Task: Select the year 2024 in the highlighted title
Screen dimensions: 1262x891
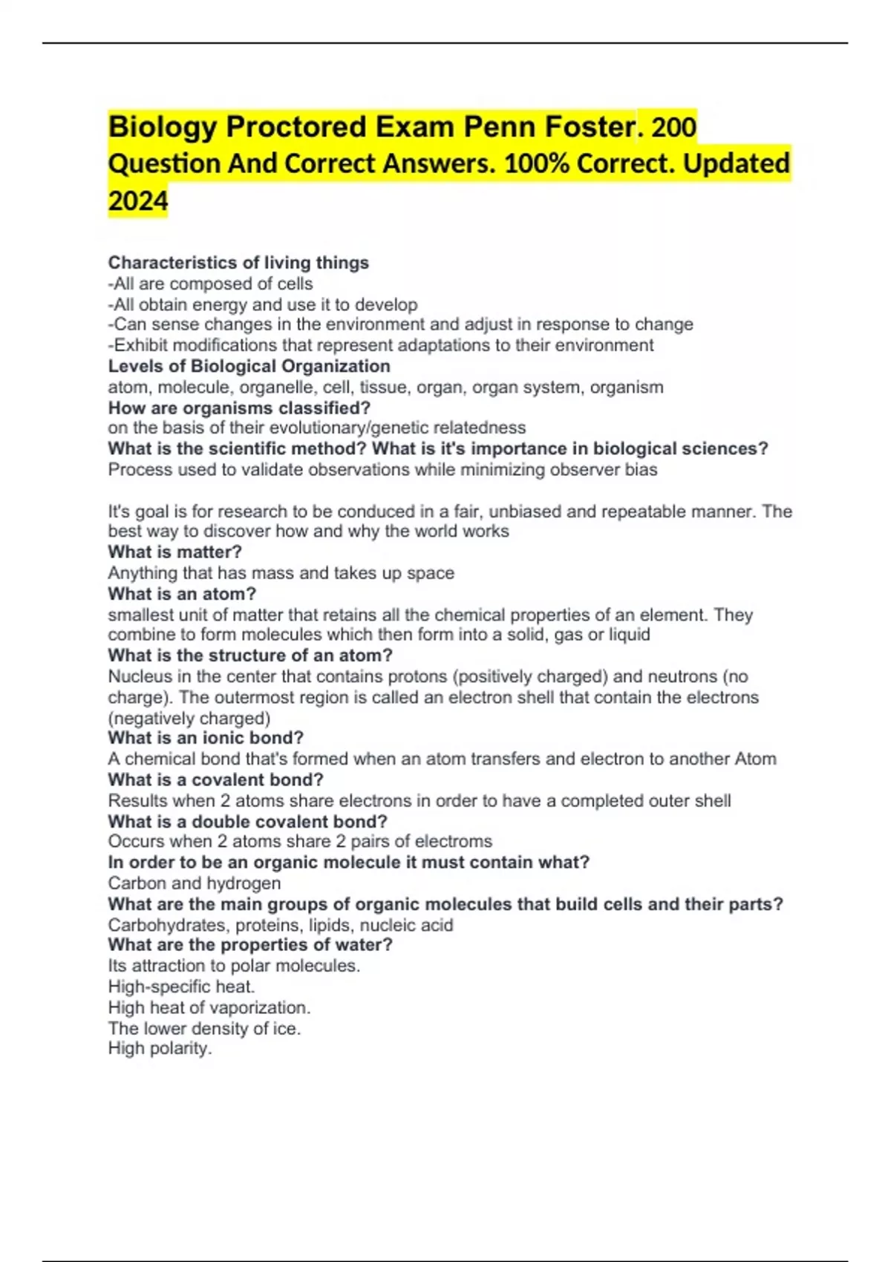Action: click(x=138, y=200)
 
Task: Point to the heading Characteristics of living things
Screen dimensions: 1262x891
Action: click(x=238, y=263)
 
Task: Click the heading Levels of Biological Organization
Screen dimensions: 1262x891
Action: click(x=249, y=366)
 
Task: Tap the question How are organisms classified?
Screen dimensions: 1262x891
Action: click(x=239, y=408)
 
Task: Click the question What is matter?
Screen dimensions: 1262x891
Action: click(x=174, y=552)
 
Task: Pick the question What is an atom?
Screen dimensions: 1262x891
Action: click(x=182, y=594)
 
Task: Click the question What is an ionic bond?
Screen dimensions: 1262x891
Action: click(x=206, y=738)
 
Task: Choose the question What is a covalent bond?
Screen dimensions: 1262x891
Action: click(x=215, y=779)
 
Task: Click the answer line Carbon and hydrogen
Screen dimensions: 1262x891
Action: click(x=195, y=883)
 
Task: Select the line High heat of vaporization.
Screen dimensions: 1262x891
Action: click(x=209, y=1007)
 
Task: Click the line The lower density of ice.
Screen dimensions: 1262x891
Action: click(x=204, y=1028)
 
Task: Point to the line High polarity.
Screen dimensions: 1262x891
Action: click(x=160, y=1048)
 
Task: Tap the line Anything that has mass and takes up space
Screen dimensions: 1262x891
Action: click(x=281, y=573)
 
